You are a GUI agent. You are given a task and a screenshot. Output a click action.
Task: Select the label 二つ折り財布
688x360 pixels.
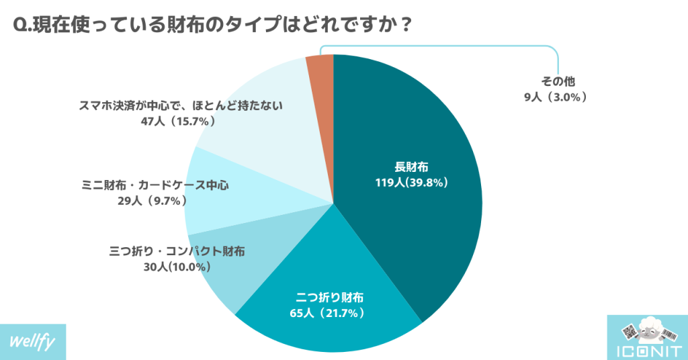click(330, 296)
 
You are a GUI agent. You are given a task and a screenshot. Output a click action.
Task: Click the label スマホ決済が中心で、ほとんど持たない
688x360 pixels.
click(181, 105)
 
